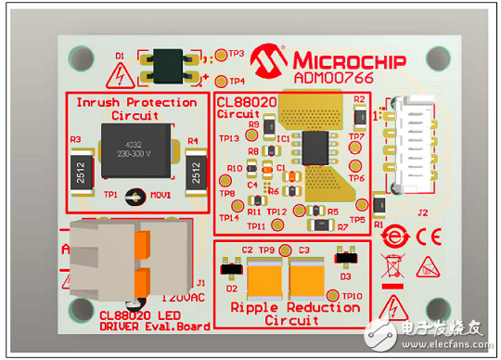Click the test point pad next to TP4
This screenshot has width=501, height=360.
[220, 81]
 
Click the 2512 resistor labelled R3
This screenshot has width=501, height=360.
[83, 172]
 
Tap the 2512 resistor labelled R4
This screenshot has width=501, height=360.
[195, 172]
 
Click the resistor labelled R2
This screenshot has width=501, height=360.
[359, 111]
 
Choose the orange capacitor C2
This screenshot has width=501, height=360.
[264, 275]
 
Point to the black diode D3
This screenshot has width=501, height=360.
[345, 254]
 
